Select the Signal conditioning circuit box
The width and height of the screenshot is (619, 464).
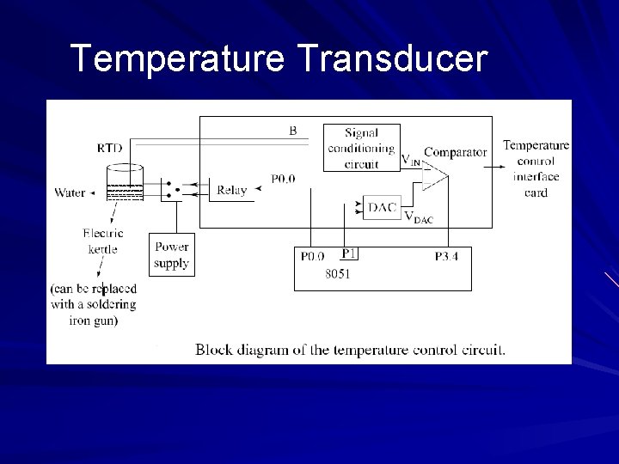(x=361, y=148)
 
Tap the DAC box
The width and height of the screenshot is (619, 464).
(x=382, y=208)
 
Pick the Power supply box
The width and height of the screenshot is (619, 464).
(x=171, y=255)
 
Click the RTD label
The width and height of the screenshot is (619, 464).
(x=109, y=148)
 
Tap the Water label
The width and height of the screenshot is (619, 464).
(x=70, y=192)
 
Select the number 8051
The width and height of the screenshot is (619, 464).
(x=337, y=275)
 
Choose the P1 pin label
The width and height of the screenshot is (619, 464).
(x=348, y=253)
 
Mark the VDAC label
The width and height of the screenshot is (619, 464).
(x=419, y=217)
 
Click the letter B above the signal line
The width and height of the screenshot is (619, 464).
(x=293, y=131)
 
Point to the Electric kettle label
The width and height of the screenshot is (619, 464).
(x=102, y=241)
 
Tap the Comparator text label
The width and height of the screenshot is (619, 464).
(x=456, y=152)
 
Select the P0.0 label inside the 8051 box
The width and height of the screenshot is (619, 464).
(x=312, y=256)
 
